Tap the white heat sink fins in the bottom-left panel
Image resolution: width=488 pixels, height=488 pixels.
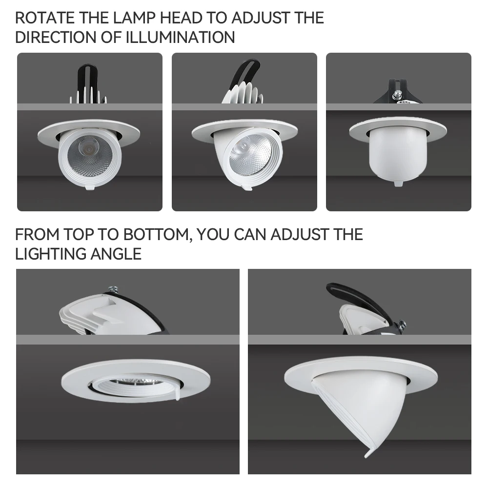pyautogui.click(x=81, y=315)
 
